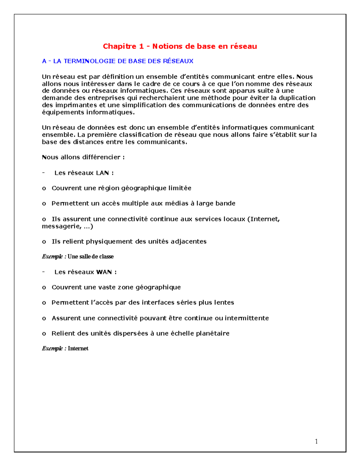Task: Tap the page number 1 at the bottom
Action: tap(316, 441)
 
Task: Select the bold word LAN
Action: tap(102, 173)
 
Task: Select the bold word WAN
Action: tap(104, 272)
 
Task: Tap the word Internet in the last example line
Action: tap(78, 348)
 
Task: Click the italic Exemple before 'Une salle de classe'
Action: tap(52, 257)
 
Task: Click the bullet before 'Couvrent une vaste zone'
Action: tap(44, 287)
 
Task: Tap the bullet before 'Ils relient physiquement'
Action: tap(44, 242)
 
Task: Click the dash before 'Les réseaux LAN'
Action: tap(44, 173)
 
